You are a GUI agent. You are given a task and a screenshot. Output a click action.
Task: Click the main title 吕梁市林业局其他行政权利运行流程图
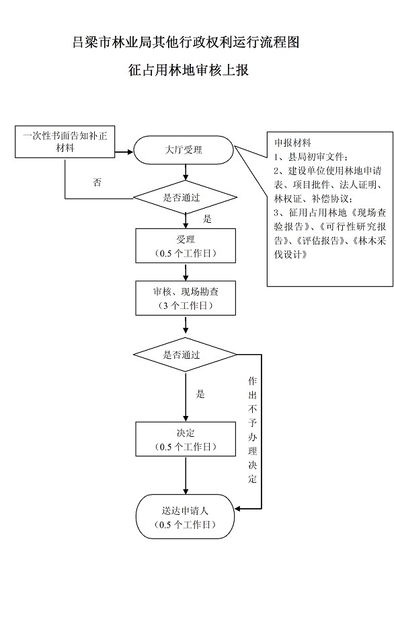(x=186, y=42)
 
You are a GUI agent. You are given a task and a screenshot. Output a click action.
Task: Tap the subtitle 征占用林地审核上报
(x=188, y=69)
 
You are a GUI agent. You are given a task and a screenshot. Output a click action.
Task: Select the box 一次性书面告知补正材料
(x=65, y=142)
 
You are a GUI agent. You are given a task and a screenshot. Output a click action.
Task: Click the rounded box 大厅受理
(x=184, y=150)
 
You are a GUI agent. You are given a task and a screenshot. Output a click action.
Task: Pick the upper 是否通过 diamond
(x=185, y=198)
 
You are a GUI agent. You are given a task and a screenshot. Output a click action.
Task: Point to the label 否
(x=97, y=183)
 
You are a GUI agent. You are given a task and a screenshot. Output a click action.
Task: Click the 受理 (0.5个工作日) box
(x=186, y=246)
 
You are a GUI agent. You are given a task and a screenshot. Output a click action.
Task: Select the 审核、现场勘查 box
(x=186, y=297)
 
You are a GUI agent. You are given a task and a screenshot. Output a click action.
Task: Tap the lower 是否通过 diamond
(x=185, y=355)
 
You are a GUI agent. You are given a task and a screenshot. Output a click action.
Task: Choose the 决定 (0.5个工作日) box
(x=186, y=439)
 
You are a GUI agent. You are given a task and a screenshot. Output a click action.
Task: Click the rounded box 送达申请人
(x=185, y=517)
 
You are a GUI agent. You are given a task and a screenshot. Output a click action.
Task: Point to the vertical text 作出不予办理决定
(x=252, y=429)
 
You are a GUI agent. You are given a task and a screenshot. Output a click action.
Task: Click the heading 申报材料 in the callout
(x=292, y=143)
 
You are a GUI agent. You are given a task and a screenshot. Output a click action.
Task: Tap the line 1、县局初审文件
(x=311, y=157)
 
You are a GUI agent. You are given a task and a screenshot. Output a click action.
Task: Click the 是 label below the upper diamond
(x=207, y=219)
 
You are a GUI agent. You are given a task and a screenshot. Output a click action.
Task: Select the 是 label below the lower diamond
(x=200, y=394)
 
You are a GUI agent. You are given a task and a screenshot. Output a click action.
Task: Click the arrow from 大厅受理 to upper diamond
(x=186, y=172)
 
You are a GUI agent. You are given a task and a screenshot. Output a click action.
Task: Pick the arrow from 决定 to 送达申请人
(x=186, y=475)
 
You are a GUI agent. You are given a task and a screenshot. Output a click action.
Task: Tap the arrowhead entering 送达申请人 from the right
(x=237, y=509)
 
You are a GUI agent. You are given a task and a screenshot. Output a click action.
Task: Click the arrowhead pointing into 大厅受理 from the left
(x=130, y=152)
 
